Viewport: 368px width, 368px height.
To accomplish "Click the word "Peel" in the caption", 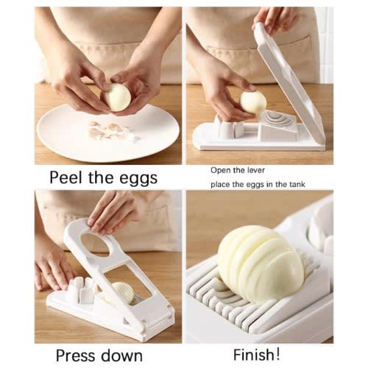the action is pos(66,177).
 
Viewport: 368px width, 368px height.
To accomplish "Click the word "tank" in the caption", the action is pos(297,184).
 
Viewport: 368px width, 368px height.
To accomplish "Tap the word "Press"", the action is pos(77,355).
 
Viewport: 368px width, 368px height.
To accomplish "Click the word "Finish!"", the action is pos(256,354).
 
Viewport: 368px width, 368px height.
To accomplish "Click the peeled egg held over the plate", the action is pos(118,97).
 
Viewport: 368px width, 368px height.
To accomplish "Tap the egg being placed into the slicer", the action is pos(253,102).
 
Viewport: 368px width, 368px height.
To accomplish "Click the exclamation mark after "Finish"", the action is pos(277,353).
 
